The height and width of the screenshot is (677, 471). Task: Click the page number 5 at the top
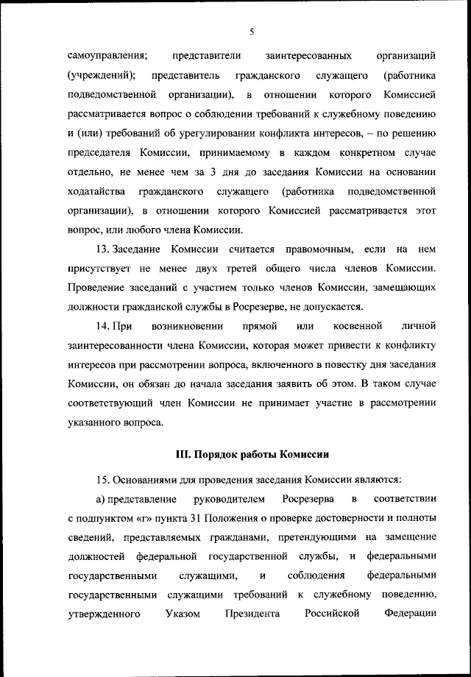click(x=251, y=32)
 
